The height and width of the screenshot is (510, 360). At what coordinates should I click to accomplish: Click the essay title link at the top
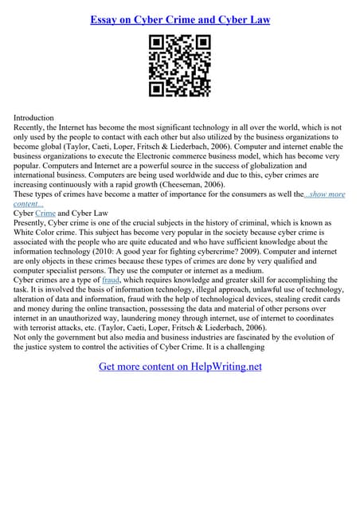179,18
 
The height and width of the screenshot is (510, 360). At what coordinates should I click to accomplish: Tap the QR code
179,66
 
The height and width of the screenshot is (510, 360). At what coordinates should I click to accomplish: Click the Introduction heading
34,117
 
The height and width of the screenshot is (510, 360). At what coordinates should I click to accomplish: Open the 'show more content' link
319,194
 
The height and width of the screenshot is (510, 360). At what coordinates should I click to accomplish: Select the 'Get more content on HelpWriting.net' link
180,367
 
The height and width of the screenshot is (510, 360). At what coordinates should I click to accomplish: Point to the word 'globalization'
267,166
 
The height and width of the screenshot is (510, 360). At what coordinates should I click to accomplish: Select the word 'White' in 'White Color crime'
26,233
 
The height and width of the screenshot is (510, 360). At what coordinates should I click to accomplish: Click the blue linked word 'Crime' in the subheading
45,214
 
